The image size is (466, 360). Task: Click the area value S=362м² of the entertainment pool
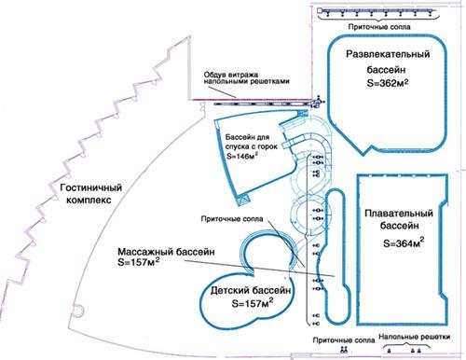(388, 83)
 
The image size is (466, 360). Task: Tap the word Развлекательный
(388, 54)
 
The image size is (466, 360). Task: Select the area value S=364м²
(404, 242)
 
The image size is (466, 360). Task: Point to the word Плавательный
(399, 214)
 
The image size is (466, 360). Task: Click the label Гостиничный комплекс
(90, 194)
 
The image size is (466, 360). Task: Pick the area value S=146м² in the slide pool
(242, 156)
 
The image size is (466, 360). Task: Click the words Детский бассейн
(251, 291)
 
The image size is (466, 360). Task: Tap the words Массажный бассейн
(166, 252)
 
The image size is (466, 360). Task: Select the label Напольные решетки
(415, 337)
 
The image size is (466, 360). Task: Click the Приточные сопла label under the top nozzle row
(379, 27)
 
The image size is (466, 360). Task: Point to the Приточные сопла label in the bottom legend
(344, 340)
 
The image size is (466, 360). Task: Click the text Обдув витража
(231, 75)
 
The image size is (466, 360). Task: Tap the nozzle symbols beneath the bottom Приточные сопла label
(344, 350)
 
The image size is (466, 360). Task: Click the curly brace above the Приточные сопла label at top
(379, 19)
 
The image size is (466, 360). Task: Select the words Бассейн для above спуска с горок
(247, 137)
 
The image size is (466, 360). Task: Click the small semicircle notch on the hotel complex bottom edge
(77, 311)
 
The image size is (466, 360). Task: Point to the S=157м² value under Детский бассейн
(253, 303)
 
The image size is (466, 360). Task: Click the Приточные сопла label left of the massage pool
(232, 219)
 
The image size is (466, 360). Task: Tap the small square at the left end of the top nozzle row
(320, 10)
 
